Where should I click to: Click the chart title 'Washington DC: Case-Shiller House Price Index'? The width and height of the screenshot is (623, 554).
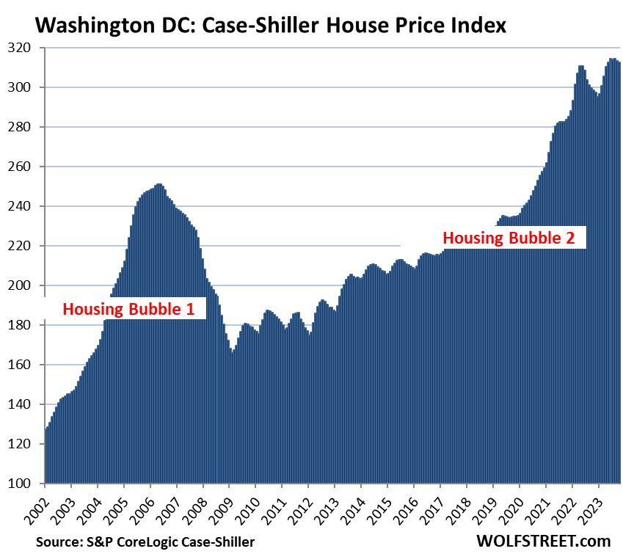pos(270,26)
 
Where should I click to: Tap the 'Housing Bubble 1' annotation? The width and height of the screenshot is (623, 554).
pos(128,309)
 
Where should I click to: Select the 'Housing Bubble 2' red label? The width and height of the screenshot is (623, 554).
pos(514,238)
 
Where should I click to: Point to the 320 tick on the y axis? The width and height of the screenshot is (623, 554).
pos(25,48)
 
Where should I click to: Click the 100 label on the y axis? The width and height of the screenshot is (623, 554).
pos(25,484)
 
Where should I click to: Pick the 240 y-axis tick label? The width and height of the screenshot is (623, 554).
pos(25,206)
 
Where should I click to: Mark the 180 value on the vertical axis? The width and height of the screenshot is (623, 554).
pos(25,325)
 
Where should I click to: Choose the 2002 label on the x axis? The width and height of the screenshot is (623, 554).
pos(40,506)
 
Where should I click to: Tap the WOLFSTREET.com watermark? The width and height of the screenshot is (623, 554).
pos(542,542)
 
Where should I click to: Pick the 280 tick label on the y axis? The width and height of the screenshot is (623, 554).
pos(25,127)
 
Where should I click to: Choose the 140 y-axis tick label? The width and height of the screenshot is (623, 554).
pos(25,404)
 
